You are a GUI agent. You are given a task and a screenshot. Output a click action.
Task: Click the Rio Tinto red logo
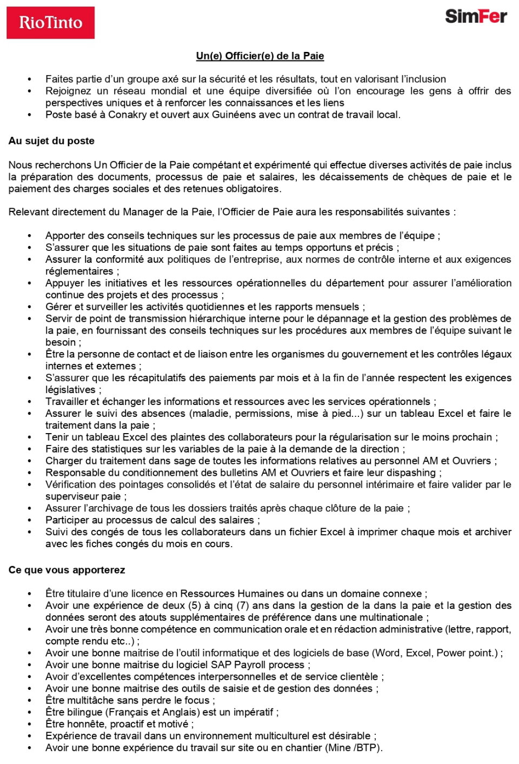(x=50, y=23)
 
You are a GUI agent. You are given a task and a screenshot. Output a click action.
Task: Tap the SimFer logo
(x=476, y=16)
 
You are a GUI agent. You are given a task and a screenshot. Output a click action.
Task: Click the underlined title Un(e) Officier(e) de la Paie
(x=260, y=56)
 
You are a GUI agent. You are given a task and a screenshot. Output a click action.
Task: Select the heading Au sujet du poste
(x=51, y=141)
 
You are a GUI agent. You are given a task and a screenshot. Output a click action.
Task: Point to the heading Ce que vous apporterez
(x=66, y=570)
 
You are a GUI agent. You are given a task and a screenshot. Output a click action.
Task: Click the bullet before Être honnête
(x=30, y=724)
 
